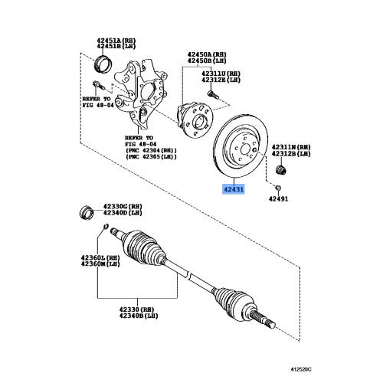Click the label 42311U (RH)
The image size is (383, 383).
pos(201,73)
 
